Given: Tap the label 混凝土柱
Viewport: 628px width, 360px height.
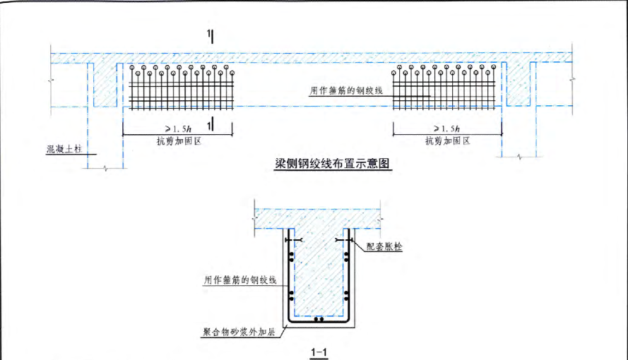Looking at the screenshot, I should (64, 150).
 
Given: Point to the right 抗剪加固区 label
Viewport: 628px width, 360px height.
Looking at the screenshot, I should (448, 141).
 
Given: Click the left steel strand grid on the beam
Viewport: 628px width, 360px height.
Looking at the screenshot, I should (184, 90).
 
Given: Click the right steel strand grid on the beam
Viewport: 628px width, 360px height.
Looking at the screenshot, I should (445, 90).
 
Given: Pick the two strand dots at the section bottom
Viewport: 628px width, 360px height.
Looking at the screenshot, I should (319, 320).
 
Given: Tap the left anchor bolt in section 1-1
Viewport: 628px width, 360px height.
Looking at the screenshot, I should (292, 241).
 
